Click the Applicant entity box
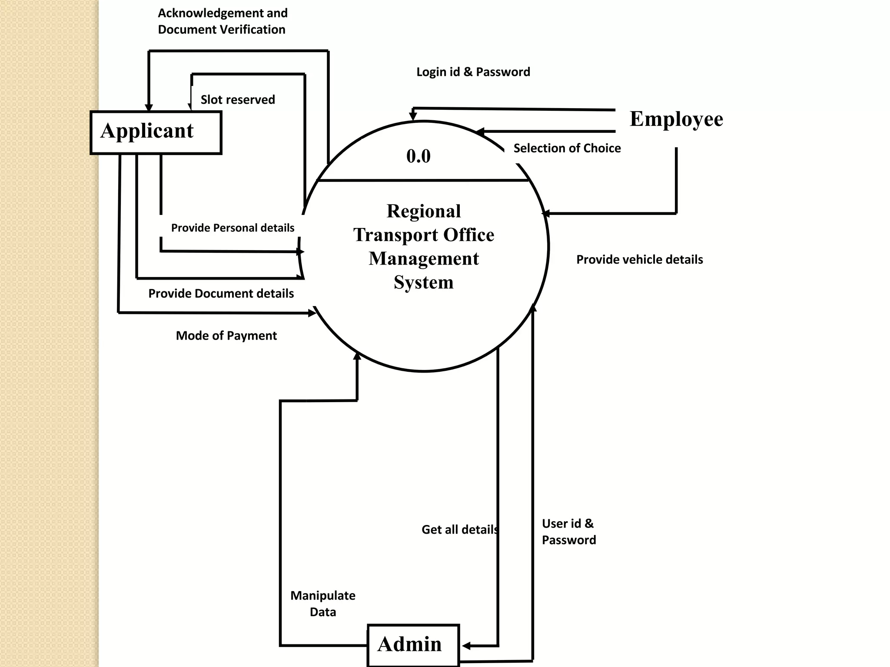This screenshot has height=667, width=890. coord(156,132)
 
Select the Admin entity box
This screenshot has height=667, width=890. coord(413,645)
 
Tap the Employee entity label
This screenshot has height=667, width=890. coord(676,119)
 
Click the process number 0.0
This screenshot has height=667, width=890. coord(418,156)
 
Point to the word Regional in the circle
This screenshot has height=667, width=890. coord(424,211)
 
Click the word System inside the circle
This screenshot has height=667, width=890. coord(424,282)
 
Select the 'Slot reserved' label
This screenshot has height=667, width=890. coord(238,100)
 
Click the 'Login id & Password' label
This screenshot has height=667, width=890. coord(473,72)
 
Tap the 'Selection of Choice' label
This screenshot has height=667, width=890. coord(567,149)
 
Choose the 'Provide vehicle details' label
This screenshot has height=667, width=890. coord(639,260)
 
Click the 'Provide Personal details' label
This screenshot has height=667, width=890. coord(232,228)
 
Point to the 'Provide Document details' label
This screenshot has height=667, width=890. coord(221,294)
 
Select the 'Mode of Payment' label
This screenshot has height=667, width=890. coord(226,336)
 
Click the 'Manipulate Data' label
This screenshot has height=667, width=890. coord(322,604)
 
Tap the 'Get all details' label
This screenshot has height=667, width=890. coord(460,530)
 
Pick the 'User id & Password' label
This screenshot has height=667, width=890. coord(568,532)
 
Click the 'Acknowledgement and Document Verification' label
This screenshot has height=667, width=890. coord(222,21)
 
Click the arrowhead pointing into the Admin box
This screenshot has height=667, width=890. coord(466,646)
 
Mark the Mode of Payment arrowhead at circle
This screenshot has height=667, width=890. coord(312,313)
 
